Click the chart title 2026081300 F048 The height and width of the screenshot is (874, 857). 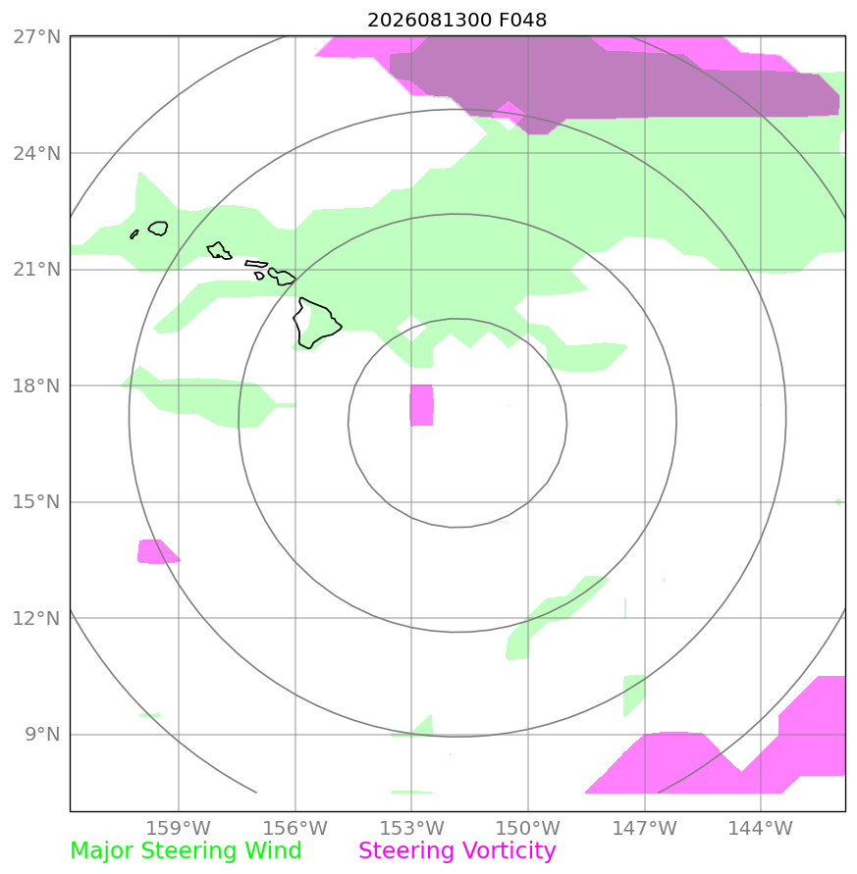point(456,20)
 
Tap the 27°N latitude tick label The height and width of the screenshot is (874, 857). point(36,37)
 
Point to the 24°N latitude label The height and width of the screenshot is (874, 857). point(36,153)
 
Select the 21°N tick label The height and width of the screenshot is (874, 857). point(36,269)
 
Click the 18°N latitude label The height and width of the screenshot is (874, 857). point(36,386)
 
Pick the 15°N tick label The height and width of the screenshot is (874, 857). point(36,501)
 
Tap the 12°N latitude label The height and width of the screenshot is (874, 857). point(36,618)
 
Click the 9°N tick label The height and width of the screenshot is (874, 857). point(42,734)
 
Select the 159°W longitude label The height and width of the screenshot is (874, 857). point(178,828)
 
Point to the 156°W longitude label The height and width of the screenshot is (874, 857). point(295,828)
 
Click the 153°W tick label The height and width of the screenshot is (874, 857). point(411,828)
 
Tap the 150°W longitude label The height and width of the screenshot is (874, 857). point(528,828)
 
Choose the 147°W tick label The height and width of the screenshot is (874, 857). point(644,828)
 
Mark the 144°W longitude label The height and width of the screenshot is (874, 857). point(761,828)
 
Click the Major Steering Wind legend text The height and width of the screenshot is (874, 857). point(186,851)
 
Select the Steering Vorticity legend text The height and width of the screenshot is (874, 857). point(456,851)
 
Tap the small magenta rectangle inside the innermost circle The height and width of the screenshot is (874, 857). point(422,405)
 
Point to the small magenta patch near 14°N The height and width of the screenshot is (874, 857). point(157,551)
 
